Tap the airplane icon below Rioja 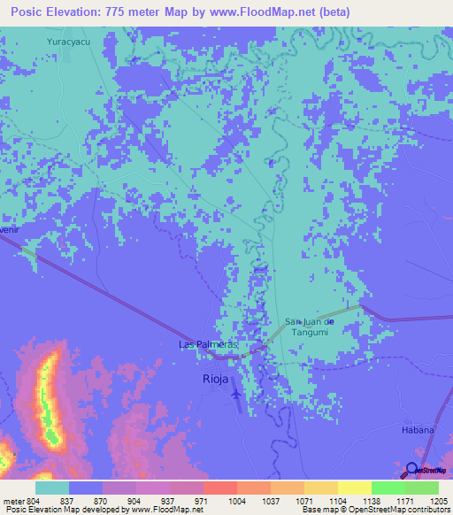tap(235, 393)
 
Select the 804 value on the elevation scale tap(33, 500)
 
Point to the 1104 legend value tap(337, 500)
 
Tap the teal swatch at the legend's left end tap(52, 488)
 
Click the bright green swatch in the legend tap(388, 488)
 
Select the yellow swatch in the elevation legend tap(355, 488)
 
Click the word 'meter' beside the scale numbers tap(13, 500)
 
